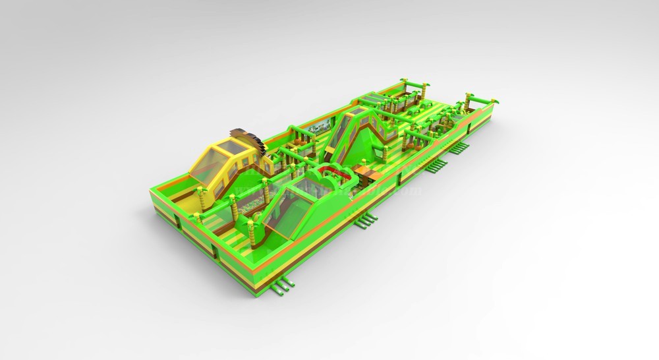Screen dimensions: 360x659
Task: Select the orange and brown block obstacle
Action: (x=363, y=174)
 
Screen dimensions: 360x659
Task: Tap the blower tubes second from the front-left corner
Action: (x=366, y=222)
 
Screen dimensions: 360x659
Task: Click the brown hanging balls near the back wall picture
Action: (x=300, y=136)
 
